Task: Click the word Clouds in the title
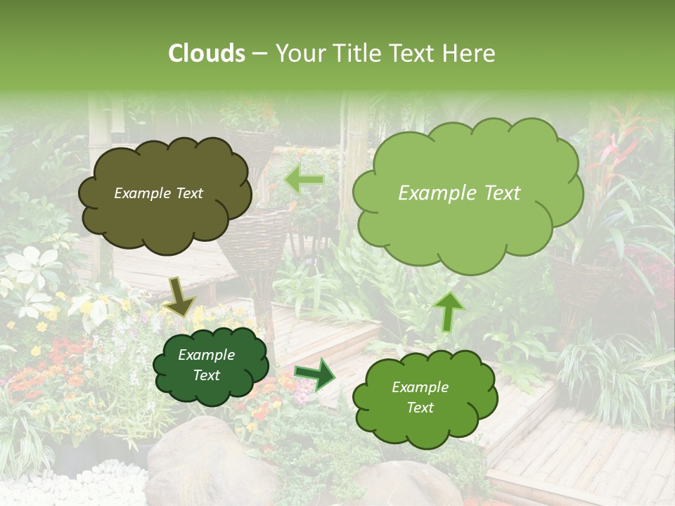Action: pos(207,53)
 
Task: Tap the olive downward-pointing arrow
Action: pos(179,296)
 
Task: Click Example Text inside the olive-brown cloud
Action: pos(158,193)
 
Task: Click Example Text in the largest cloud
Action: pos(459,193)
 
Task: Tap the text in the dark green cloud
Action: pos(206,365)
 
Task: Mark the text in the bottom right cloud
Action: pos(420,397)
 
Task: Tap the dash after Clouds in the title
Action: pos(259,54)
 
